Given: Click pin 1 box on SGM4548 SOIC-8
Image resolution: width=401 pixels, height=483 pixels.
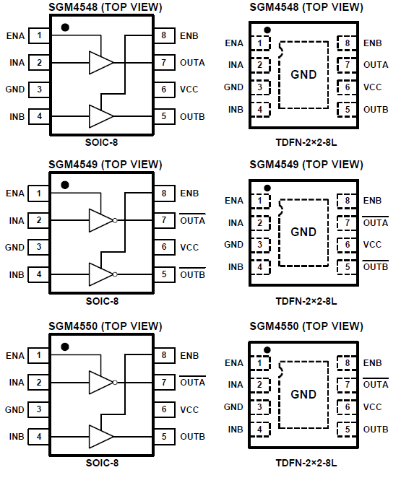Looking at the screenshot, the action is click(39, 35).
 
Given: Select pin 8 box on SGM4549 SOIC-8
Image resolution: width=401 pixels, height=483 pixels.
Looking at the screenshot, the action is click(164, 193).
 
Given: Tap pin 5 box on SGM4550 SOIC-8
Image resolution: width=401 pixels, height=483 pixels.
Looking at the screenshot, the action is click(164, 437).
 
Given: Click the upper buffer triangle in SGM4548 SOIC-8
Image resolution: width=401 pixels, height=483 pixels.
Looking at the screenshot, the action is click(101, 63).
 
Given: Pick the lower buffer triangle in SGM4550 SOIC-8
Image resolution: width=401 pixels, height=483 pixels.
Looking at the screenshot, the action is click(101, 437).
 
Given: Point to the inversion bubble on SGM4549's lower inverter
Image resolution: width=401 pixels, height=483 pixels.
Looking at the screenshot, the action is click(115, 274).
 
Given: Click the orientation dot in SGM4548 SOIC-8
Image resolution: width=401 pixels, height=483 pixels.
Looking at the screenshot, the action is click(65, 27).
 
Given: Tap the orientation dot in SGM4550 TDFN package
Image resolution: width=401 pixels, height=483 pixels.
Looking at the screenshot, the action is click(267, 350).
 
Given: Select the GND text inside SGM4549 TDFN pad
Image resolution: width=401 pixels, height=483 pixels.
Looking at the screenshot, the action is click(303, 232).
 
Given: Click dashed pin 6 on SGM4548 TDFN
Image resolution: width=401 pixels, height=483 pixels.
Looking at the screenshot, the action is click(347, 87).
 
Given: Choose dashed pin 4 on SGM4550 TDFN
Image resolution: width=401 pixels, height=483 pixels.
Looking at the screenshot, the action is click(260, 430).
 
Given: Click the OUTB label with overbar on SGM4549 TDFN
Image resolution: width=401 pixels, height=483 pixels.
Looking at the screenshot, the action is click(376, 266).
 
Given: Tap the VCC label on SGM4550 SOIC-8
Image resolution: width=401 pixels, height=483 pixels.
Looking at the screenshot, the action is click(189, 409).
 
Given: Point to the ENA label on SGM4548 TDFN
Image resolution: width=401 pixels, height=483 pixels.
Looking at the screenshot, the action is click(234, 43).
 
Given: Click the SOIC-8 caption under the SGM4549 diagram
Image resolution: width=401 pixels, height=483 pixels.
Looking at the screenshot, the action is click(102, 301).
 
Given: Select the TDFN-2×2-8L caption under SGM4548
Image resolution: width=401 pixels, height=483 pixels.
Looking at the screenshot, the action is click(306, 142).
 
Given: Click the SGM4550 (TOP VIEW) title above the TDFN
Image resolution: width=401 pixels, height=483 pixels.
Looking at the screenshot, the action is click(306, 326).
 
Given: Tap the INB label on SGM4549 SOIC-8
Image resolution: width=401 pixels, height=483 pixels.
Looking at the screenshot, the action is click(17, 274).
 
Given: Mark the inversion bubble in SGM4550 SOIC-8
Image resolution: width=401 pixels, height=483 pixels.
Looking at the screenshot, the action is click(115, 383).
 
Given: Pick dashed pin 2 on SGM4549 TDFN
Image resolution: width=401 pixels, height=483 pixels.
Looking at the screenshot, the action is click(260, 222).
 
